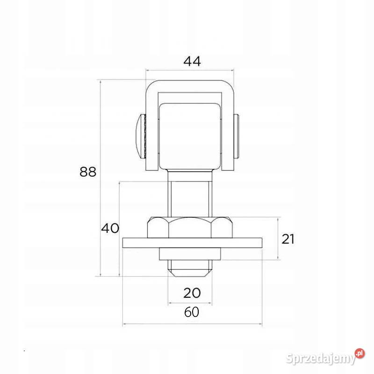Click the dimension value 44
[192, 61]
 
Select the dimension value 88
[88, 172]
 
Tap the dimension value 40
[110, 228]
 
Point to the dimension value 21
[288, 239]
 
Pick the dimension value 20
[192, 293]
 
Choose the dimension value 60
[192, 312]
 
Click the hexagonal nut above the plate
[190, 228]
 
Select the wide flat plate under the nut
[192, 243]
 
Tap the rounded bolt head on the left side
[141, 136]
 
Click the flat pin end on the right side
[237, 136]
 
